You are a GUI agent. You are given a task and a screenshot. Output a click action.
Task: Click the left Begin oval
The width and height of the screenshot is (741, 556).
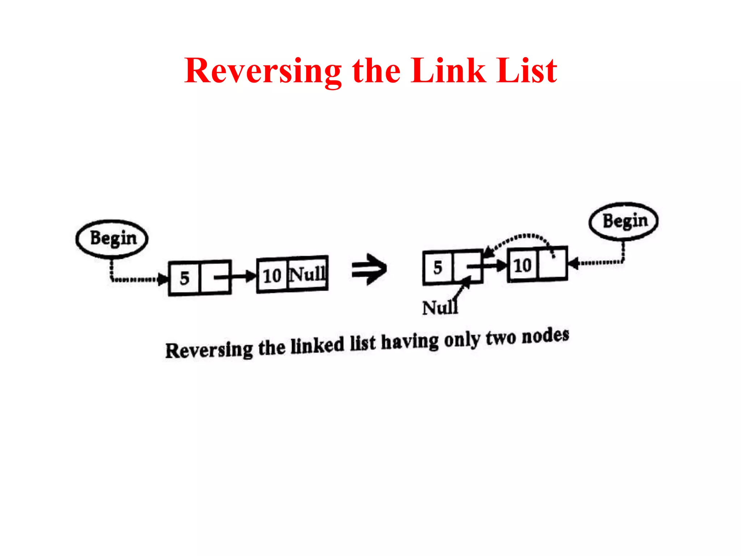point(112,239)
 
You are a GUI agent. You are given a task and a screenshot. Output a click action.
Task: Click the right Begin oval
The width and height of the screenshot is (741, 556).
point(623,221)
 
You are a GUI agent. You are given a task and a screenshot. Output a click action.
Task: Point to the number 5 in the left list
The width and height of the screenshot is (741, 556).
point(185,278)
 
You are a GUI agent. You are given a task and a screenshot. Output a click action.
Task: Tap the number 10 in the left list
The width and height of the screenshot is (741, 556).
point(272,276)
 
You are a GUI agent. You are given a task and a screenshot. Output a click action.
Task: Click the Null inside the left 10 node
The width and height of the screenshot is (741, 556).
point(308,274)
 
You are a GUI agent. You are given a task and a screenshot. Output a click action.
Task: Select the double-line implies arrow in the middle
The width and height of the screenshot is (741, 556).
point(369,269)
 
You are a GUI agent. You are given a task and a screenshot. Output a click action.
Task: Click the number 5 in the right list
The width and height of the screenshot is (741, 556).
point(438,268)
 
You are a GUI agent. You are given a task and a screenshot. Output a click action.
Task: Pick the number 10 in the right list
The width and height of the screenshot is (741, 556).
point(522,266)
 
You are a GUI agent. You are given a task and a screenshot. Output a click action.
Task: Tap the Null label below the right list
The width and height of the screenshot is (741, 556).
point(440,308)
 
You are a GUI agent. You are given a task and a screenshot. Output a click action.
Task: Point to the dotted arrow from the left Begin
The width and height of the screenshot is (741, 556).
point(134,279)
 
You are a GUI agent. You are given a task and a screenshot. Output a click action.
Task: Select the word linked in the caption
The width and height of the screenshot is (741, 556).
point(317,345)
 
